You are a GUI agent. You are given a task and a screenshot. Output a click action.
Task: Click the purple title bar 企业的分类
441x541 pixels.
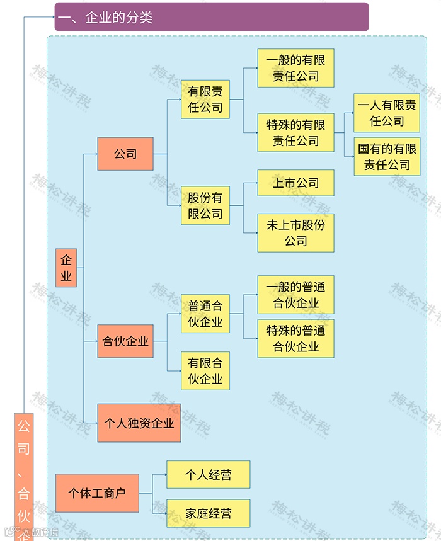[x=211, y=17]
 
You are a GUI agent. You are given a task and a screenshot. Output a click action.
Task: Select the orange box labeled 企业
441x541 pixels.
[x=66, y=268]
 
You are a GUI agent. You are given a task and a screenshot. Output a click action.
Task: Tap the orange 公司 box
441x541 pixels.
[x=125, y=154]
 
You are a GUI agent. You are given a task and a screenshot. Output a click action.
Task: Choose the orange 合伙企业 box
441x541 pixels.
[x=125, y=342]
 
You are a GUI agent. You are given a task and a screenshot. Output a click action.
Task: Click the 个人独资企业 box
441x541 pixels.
[x=139, y=423]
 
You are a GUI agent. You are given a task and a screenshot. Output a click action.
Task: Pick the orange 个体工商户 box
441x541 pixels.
[x=97, y=493]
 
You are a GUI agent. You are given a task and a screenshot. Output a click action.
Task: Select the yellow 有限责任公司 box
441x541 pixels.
[x=205, y=100]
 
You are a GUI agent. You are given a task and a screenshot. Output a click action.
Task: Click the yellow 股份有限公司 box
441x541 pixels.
[x=205, y=206]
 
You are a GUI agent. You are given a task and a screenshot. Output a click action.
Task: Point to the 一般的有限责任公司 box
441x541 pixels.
[x=295, y=68]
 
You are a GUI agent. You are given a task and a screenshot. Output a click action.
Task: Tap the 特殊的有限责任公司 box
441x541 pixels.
[x=295, y=133]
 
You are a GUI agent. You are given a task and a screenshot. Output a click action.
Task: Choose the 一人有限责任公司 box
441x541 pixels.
[x=387, y=113]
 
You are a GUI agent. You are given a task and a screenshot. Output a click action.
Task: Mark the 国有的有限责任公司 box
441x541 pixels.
[x=387, y=157]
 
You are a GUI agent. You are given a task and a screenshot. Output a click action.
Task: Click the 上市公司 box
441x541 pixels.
[x=295, y=183]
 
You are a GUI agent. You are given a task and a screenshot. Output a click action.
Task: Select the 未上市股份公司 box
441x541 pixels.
[x=295, y=233]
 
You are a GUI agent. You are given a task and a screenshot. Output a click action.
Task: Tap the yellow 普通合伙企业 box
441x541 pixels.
[x=205, y=314]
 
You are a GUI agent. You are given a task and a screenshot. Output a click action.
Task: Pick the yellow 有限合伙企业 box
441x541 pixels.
[x=205, y=371]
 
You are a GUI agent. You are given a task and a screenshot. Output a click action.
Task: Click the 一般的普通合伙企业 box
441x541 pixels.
[x=295, y=295]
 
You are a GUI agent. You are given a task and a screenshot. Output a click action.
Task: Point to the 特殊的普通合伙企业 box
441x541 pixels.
[x=295, y=339]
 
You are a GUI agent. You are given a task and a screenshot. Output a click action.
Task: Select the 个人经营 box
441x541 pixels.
[x=208, y=475]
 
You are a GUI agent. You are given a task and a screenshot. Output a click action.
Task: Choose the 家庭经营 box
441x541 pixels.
[x=208, y=513]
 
